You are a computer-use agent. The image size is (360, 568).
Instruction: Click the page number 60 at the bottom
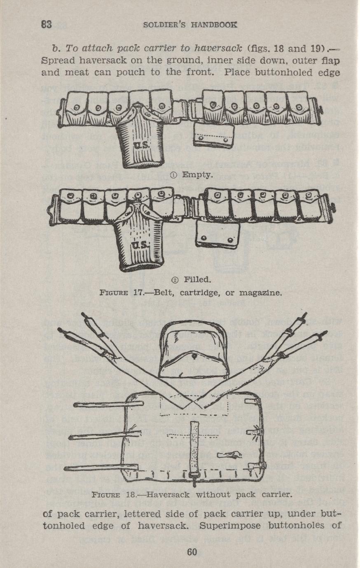click(192, 552)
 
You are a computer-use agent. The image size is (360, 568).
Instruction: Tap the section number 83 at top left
click(47, 24)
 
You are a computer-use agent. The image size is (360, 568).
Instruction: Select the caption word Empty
click(197, 175)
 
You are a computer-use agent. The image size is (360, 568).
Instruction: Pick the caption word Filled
click(198, 280)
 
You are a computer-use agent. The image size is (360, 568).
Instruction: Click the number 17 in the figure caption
click(138, 293)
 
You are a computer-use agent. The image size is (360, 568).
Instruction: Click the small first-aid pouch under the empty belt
click(214, 135)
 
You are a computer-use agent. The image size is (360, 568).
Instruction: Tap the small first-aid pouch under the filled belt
click(217, 235)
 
